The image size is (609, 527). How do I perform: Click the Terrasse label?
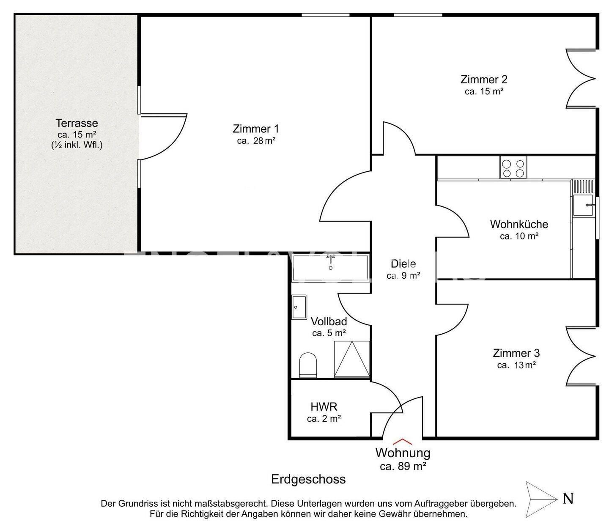[x=77, y=123]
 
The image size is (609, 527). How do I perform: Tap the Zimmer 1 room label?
[x=256, y=129]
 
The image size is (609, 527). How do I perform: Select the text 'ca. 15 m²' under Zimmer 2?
[x=484, y=91]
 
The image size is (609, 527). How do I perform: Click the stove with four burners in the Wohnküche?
[x=513, y=167]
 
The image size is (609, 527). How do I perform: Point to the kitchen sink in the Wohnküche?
[x=583, y=205]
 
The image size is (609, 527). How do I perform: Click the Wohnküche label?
[x=519, y=224]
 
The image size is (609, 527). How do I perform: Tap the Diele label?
[x=403, y=263]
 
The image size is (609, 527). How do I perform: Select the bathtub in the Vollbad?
[x=330, y=268]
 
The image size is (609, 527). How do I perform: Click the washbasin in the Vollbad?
[x=299, y=307]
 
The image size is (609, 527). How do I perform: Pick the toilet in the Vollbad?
[x=308, y=365]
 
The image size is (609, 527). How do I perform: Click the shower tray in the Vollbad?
[x=352, y=359]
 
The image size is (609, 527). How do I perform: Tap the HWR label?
[x=324, y=407]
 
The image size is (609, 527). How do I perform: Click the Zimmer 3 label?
[x=516, y=353]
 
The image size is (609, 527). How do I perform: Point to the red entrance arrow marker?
[x=403, y=442]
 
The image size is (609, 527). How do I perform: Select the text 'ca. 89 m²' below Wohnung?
[x=403, y=466]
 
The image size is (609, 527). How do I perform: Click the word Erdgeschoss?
[x=308, y=479]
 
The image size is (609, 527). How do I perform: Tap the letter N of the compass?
[x=568, y=498]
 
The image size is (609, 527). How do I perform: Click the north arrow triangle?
[x=541, y=499]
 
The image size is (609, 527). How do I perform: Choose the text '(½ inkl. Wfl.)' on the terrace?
[x=77, y=145]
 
